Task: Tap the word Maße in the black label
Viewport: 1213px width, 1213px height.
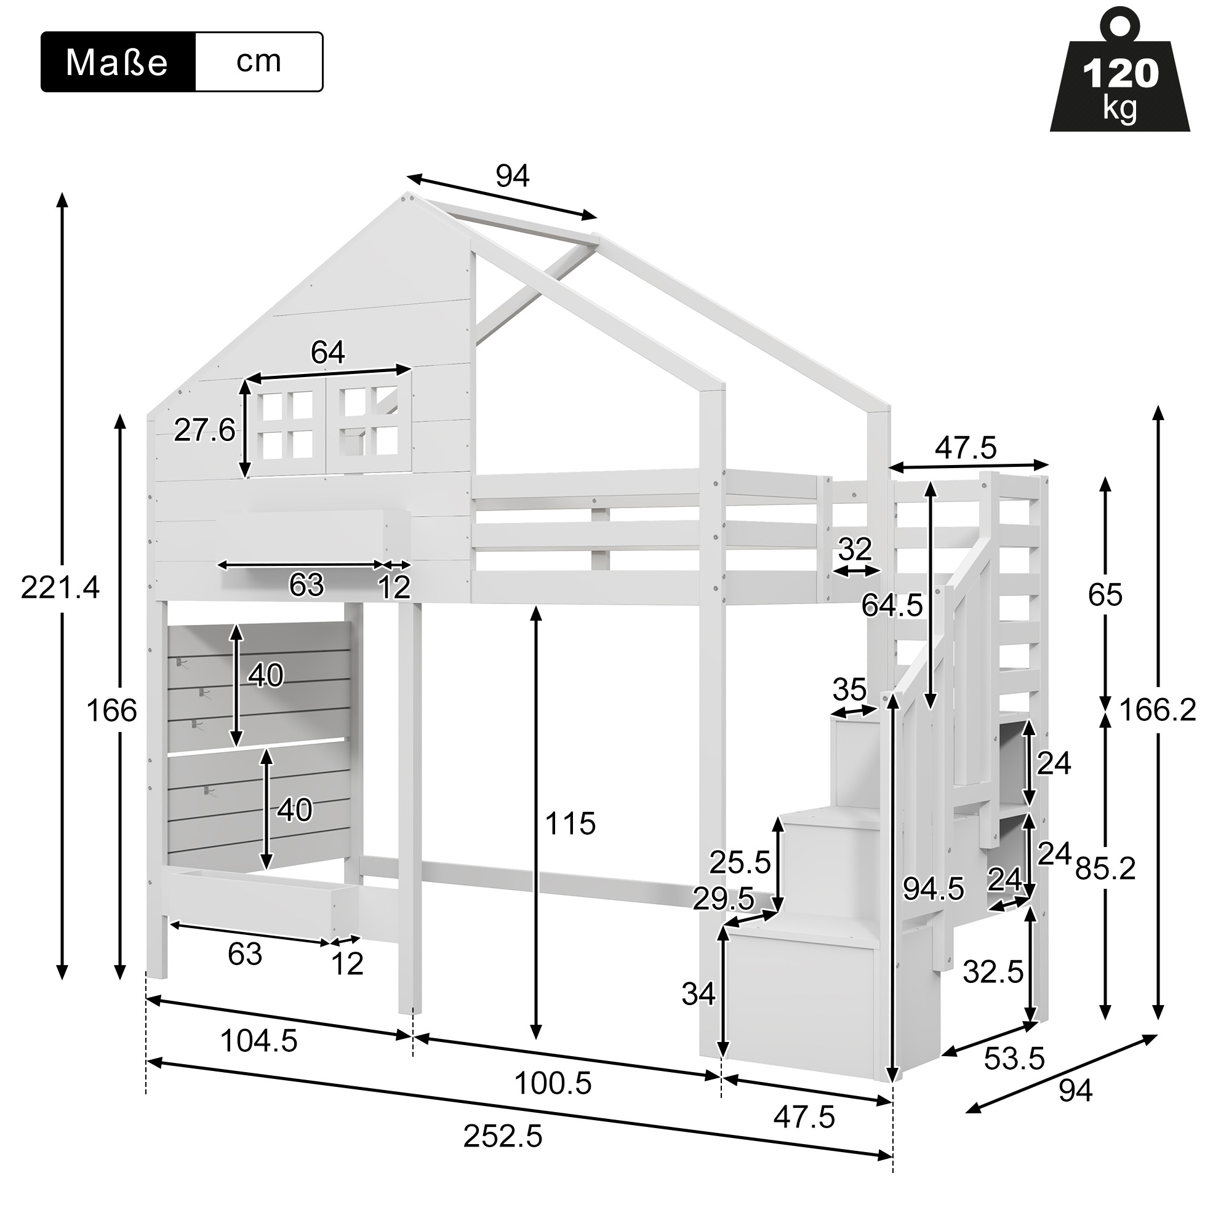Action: (x=117, y=63)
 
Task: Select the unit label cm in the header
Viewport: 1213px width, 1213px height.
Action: (x=258, y=62)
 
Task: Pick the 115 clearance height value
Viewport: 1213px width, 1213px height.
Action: (x=570, y=824)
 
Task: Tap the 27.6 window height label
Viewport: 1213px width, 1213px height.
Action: (x=204, y=430)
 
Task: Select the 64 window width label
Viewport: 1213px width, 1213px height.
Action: (x=328, y=352)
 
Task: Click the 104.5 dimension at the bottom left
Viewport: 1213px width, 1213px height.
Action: (x=259, y=1041)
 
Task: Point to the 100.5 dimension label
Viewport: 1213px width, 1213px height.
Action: (x=553, y=1083)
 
